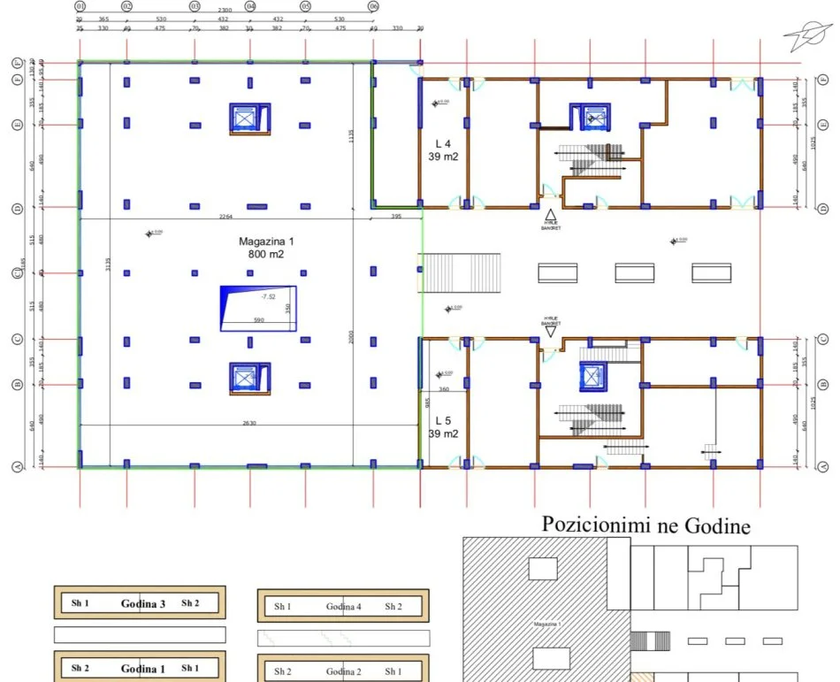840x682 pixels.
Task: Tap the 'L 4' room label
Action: click(443, 142)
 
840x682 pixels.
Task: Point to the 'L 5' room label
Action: click(443, 421)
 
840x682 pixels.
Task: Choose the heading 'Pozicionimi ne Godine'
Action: click(645, 526)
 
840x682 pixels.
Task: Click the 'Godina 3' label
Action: click(143, 603)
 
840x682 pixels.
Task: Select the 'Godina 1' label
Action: click(143, 668)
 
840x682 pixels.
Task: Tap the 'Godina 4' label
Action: click(343, 607)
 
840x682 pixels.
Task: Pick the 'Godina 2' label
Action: click(343, 671)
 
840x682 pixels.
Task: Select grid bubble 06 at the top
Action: click(373, 6)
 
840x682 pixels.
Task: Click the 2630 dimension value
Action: click(248, 423)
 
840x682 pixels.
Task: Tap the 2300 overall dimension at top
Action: click(226, 10)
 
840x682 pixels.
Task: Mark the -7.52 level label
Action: click(256, 297)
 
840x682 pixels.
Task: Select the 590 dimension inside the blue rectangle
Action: click(258, 320)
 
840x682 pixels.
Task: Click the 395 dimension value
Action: click(395, 216)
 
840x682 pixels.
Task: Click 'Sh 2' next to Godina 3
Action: click(190, 603)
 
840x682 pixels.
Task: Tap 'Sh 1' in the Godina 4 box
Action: click(282, 607)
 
